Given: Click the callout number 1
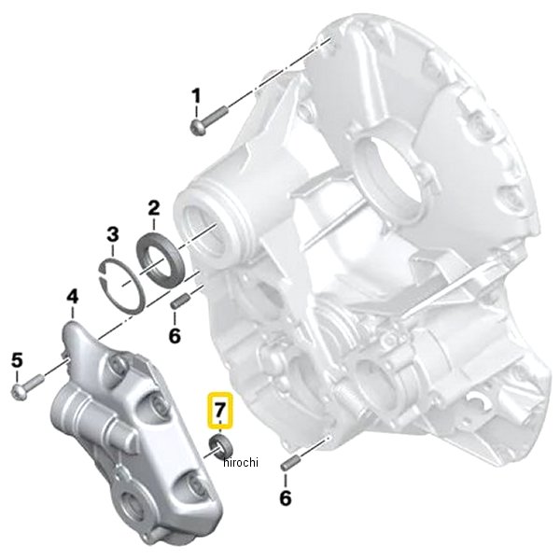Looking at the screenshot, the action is click(196, 96).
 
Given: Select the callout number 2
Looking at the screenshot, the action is click(154, 208).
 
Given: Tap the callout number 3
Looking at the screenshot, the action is click(113, 234).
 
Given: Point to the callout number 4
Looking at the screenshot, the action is click(73, 298).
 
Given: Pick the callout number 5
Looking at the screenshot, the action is click(17, 359).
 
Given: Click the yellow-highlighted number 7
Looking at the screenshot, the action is click(220, 411).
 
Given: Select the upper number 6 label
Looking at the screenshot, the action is click(175, 335).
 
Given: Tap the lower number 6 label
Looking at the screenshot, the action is click(286, 497).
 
